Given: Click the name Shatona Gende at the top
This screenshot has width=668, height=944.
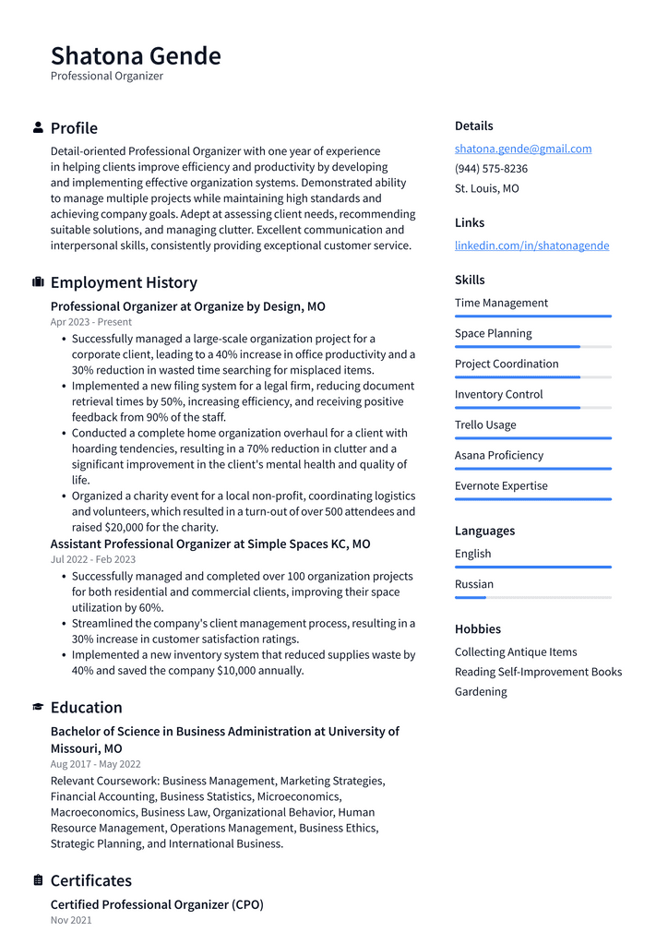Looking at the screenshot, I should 136,55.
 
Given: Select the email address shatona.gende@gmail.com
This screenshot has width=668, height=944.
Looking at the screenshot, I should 523,149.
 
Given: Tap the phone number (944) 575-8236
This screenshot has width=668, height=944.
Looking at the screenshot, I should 491,169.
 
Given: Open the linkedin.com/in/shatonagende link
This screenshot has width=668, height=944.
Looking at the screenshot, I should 531,245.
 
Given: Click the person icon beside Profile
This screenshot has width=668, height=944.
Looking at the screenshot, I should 38,127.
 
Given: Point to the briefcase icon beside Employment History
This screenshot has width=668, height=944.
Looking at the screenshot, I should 38,282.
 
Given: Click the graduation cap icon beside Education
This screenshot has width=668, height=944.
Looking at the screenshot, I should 38,707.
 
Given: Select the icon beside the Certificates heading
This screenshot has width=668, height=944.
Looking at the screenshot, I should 38,880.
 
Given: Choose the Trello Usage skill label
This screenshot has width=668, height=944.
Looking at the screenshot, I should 485,424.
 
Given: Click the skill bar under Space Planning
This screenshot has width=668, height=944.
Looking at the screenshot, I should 532,347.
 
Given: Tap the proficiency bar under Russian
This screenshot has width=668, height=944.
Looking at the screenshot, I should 532,598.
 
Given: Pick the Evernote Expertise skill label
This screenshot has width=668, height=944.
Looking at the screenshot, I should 501,485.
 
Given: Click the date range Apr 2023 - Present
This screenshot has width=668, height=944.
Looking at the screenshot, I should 91,322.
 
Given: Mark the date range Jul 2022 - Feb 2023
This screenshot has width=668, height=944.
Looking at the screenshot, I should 93,559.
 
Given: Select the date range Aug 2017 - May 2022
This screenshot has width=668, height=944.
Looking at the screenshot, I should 96,764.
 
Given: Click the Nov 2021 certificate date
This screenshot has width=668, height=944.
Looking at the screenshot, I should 71,920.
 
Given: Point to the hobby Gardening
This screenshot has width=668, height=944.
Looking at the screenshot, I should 481,691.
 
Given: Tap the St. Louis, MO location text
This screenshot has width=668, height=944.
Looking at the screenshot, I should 486,188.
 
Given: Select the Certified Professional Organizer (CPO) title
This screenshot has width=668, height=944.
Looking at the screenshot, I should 157,904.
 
